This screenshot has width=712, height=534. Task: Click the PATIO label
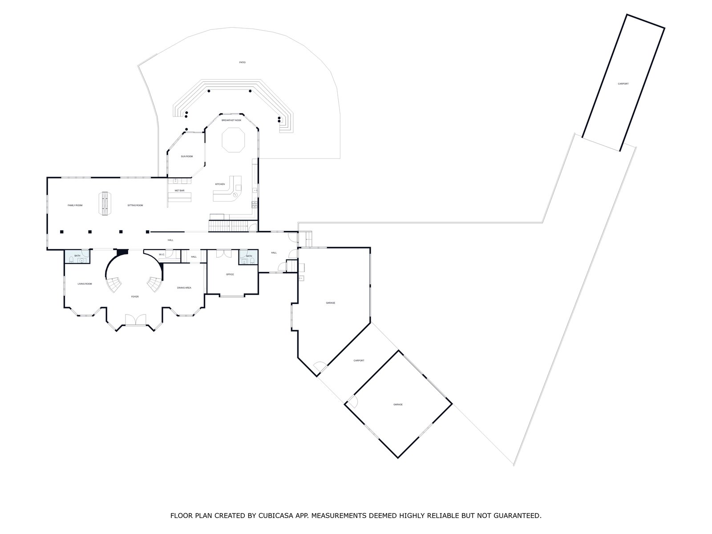point(242,62)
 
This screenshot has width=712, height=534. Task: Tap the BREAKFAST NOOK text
point(231,120)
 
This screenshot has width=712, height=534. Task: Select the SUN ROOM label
point(186,157)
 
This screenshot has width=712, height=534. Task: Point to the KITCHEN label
point(220,184)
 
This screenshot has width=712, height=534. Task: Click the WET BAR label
point(179,190)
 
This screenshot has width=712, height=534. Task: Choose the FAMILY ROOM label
point(75,205)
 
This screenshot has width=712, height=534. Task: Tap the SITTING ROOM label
point(135,205)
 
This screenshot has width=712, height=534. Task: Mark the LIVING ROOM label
point(85,283)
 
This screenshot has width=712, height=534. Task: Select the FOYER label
point(134,296)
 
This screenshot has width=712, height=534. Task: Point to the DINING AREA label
point(184,288)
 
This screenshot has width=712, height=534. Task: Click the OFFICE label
point(230,275)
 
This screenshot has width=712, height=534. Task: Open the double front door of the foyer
point(134,320)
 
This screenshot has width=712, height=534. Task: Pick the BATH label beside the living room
point(77,256)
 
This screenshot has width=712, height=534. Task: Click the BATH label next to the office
point(249,256)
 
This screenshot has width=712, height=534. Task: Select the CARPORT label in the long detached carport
point(623,84)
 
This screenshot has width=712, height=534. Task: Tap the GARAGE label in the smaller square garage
point(398,405)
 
